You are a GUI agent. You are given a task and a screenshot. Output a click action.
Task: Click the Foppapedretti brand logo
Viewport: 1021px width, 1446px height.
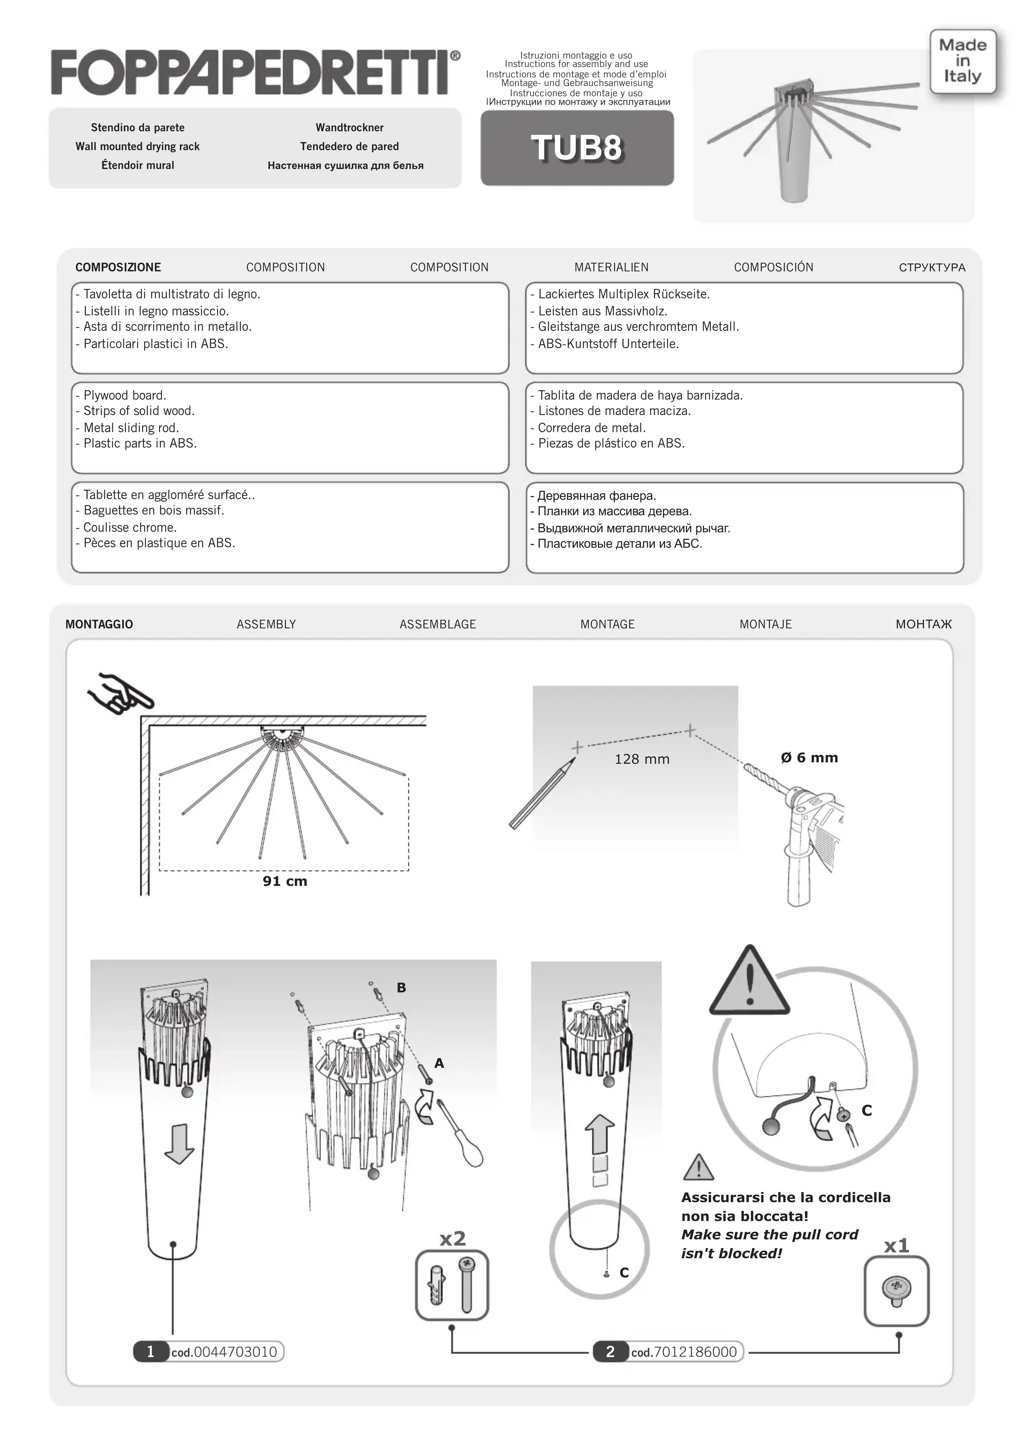[255, 73]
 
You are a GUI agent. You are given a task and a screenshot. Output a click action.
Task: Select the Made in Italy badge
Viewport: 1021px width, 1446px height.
[962, 61]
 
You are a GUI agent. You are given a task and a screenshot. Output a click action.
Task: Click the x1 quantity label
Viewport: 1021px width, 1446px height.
[896, 1246]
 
